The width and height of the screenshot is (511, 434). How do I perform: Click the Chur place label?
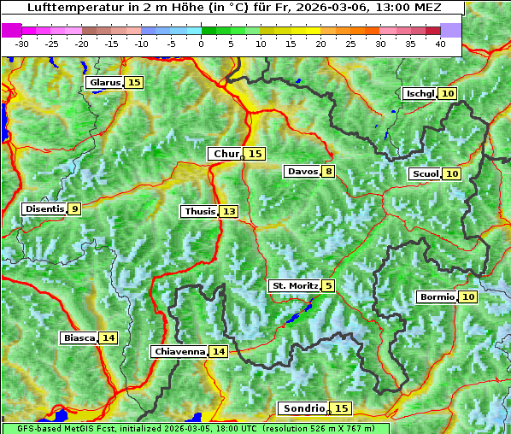point(226,154)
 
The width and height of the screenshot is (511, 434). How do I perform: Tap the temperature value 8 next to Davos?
point(329,172)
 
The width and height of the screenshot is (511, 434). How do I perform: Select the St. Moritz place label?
point(295,285)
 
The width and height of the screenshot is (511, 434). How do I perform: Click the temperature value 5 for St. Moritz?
point(329,285)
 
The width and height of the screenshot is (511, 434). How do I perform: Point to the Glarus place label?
point(104,83)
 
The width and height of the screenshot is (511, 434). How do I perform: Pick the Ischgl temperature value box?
point(449,94)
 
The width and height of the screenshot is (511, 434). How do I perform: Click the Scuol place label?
point(425,174)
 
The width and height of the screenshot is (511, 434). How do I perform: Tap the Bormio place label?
point(437,297)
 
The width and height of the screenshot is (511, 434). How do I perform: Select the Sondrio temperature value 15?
point(342,409)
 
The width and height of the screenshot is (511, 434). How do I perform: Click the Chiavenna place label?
point(179,351)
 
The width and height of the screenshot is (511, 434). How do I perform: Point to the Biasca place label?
point(79,338)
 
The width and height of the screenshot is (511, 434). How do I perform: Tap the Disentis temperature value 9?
point(75,208)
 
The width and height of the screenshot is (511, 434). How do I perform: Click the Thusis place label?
point(199,211)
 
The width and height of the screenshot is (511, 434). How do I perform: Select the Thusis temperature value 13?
point(228,211)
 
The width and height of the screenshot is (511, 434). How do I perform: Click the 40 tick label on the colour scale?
point(440,44)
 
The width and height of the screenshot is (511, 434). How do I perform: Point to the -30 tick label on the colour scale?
point(22,44)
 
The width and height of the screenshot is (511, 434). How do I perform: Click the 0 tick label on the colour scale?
point(201,44)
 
